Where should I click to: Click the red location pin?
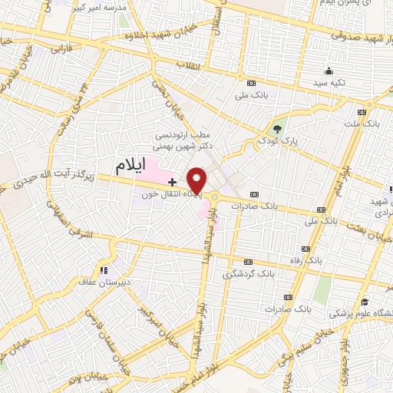tap(197, 180)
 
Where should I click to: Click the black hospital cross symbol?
tap(173, 182)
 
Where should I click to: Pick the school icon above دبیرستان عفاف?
tap(103, 269)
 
